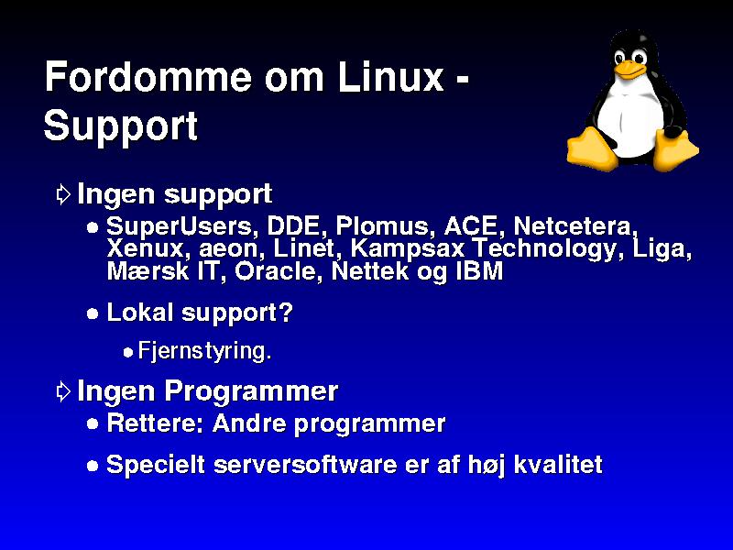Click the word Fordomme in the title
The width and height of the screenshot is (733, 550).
pos(148,76)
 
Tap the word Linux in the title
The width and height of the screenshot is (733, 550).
pos(391,76)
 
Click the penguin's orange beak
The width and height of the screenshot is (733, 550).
pos(628,69)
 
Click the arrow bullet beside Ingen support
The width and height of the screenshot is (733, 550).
pos(63,194)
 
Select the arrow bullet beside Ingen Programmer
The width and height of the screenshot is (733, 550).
pos(63,391)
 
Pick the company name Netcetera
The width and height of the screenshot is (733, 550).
pos(575,226)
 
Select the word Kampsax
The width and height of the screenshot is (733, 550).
pos(407,248)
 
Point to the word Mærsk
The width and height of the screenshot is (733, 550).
pos(148,271)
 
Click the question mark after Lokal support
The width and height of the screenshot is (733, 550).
pos(286,312)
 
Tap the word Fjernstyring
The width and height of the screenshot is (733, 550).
pos(204,351)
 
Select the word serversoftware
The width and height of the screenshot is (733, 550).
pos(305,465)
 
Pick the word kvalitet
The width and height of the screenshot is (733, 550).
pos(558,465)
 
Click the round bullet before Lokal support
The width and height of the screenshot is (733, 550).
pos(93,313)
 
